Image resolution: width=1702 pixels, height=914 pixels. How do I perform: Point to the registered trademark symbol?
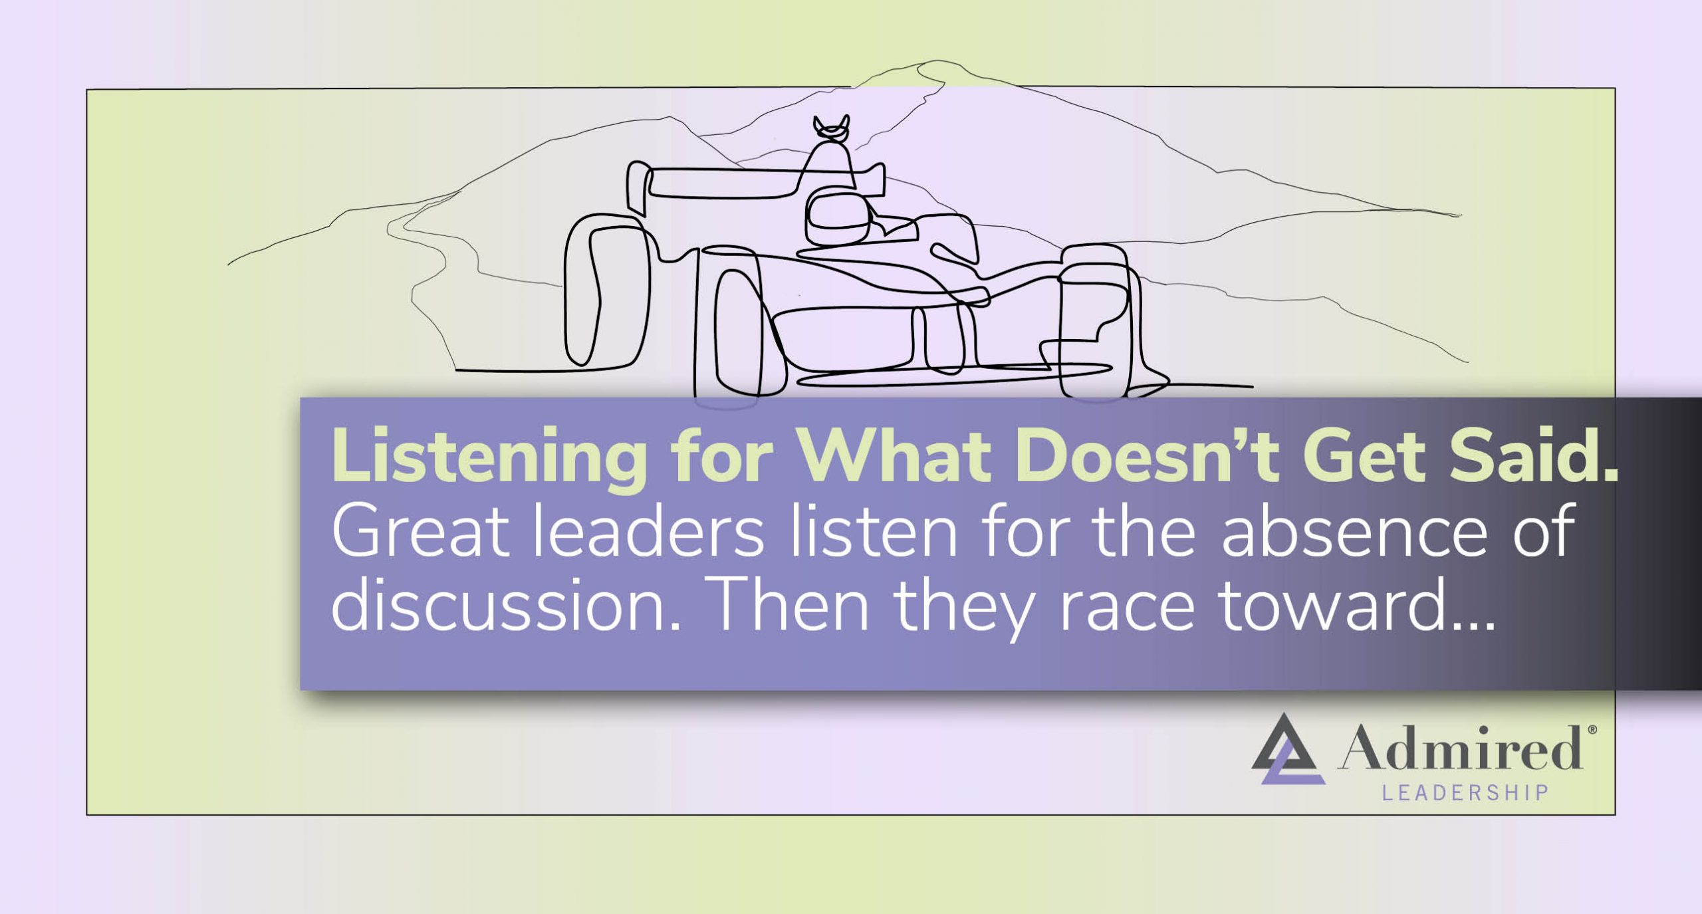point(1592,730)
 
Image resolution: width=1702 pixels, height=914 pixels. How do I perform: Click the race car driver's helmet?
point(838,216)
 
